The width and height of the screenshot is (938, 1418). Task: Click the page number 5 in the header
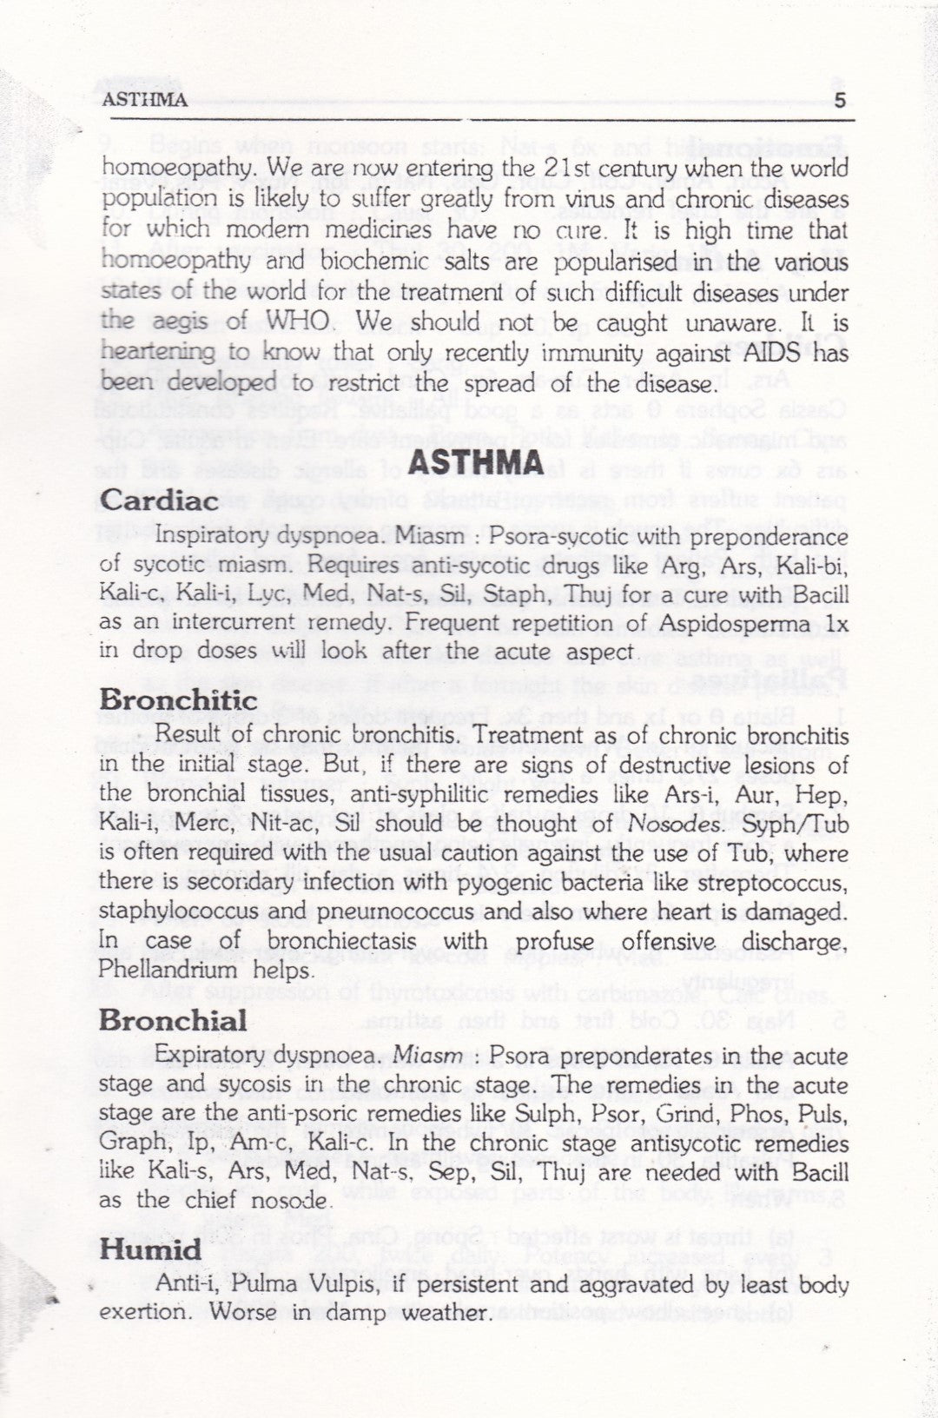click(x=838, y=99)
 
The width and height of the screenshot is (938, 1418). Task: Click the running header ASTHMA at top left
click(x=145, y=99)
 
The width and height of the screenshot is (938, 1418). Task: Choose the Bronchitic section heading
click(x=178, y=700)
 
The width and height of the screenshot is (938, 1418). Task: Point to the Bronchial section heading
click(x=173, y=1020)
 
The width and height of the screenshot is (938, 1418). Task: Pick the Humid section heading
click(x=150, y=1250)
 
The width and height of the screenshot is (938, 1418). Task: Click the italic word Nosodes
click(x=676, y=824)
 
